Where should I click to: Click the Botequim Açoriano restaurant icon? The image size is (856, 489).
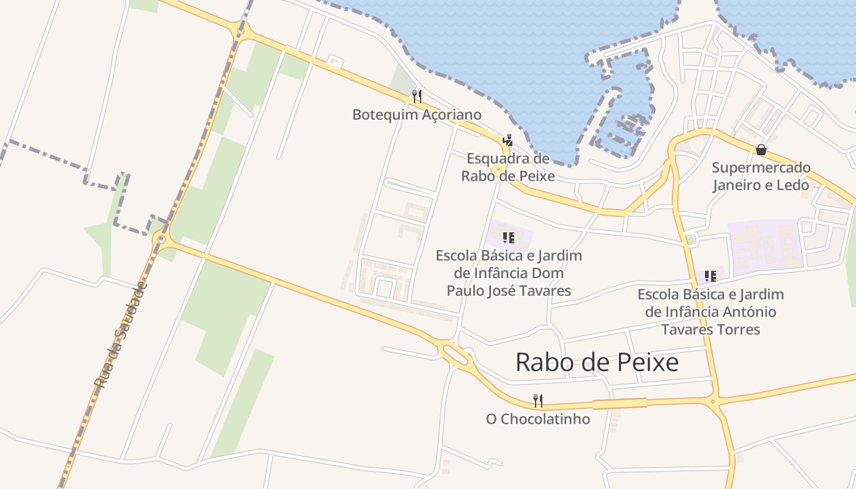[x=416, y=96]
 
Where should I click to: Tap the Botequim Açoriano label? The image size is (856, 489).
[x=417, y=115]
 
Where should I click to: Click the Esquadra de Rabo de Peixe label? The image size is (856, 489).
[x=508, y=167]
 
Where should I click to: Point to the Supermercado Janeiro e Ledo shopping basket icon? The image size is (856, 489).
[x=761, y=150]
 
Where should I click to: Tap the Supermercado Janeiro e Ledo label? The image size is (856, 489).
[x=761, y=176]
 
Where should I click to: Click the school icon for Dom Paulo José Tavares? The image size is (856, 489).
[x=508, y=237]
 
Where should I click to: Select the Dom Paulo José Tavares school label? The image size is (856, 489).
[x=509, y=273]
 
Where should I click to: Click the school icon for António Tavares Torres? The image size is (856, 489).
[x=710, y=276]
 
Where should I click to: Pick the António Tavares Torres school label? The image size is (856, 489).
[x=710, y=312]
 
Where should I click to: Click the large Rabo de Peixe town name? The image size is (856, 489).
[x=597, y=362]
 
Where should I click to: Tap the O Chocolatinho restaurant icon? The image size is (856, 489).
[x=538, y=401]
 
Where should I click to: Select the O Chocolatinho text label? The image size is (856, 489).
[x=538, y=419]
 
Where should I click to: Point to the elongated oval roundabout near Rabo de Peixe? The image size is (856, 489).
[x=454, y=354]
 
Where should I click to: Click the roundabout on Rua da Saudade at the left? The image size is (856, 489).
[x=161, y=239]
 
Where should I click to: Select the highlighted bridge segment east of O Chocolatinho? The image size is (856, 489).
[x=619, y=403]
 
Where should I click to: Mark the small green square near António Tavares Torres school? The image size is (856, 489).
[x=691, y=240]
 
